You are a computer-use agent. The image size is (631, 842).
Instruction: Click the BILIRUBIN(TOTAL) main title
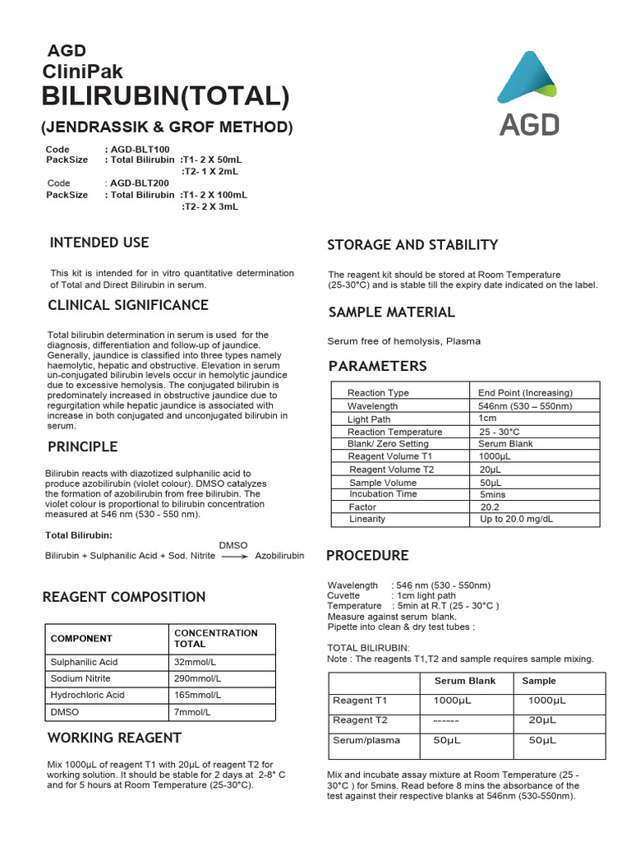166,96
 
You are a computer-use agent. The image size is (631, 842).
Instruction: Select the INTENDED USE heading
99,243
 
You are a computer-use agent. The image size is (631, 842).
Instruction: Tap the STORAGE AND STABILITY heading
412,244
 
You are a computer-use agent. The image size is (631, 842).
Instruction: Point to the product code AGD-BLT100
139,149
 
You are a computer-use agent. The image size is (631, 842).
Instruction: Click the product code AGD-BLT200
139,183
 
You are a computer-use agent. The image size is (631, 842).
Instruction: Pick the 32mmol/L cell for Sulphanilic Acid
194,662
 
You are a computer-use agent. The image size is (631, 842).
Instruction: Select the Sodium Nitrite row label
81,678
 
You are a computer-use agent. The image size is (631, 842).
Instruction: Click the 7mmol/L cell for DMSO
192,711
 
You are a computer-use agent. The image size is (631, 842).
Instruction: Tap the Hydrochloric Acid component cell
88,695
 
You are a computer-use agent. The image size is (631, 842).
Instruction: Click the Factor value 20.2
490,507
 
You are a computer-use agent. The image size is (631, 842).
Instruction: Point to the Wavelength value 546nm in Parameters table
525,406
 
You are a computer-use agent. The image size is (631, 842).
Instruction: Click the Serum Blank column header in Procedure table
465,681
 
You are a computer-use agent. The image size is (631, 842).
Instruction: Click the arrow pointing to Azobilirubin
235,556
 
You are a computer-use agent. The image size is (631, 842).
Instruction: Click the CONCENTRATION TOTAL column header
215,639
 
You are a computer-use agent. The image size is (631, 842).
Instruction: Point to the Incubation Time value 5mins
493,495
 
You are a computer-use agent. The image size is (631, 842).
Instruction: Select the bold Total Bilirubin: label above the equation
78,535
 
